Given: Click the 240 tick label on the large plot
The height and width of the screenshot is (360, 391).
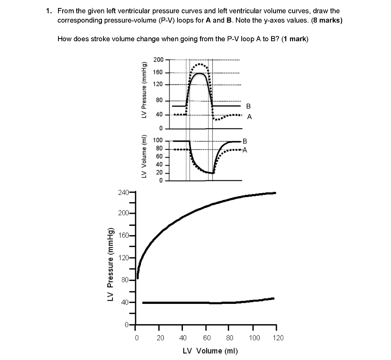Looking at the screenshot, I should (124, 192).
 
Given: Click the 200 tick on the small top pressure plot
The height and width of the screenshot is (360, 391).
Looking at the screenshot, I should (158, 60).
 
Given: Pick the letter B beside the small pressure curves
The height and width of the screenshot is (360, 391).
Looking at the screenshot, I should (249, 106).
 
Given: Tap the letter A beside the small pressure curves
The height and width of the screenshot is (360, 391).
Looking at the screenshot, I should (249, 117).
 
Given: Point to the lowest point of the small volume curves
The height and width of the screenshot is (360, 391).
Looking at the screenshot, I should (213, 173).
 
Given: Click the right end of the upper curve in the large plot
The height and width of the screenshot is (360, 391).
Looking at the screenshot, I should (275, 193).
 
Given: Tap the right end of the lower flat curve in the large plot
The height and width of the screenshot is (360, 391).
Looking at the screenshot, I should (273, 298).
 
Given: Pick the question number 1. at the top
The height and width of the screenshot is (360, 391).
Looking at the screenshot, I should (48, 11).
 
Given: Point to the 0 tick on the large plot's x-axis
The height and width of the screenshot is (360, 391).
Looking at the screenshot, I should (136, 337).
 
